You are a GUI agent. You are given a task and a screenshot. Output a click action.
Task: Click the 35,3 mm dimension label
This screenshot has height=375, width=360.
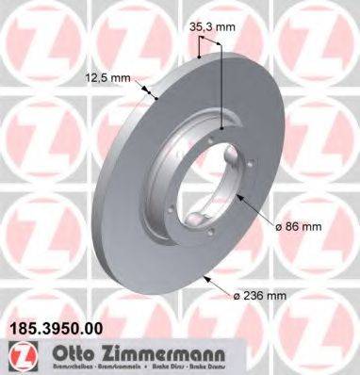coord(212,27)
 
